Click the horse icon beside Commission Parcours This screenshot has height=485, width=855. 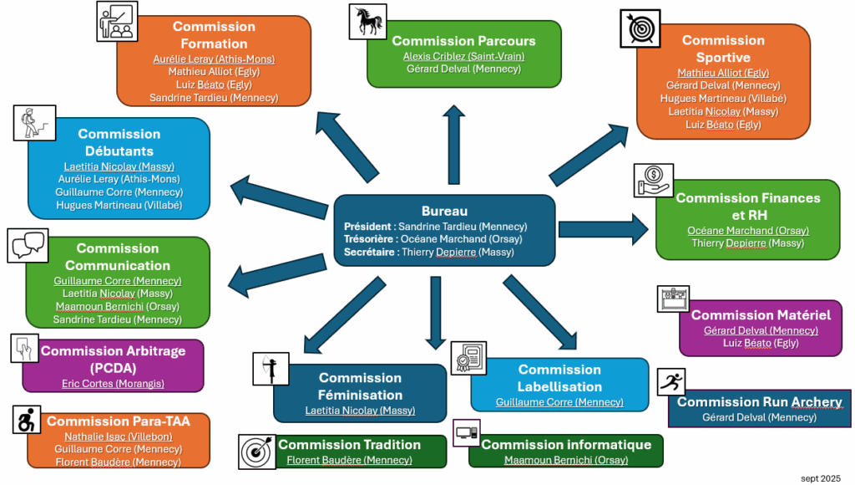(x=367, y=22)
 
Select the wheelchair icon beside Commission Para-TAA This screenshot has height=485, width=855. (x=28, y=420)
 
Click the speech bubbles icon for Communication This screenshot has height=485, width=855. (x=28, y=244)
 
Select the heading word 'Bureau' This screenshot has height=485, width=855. (x=444, y=212)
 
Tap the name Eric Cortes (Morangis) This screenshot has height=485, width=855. (x=113, y=383)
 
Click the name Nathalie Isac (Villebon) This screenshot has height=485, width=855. (x=119, y=436)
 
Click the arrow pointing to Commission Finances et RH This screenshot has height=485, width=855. (x=601, y=228)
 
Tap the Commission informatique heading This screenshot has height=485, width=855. (x=566, y=445)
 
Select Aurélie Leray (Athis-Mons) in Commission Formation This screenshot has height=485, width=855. (x=214, y=59)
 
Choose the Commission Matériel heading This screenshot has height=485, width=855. (x=761, y=315)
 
